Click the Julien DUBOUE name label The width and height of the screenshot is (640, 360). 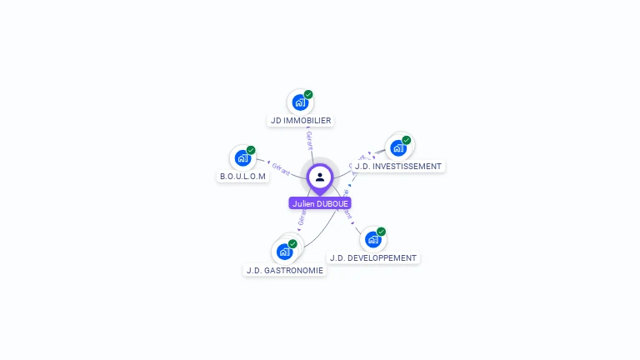(320, 203)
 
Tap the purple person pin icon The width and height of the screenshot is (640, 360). (320, 177)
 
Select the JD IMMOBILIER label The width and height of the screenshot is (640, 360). (301, 121)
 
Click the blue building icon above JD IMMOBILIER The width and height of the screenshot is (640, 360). (300, 102)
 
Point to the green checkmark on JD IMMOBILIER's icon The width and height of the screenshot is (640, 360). (308, 94)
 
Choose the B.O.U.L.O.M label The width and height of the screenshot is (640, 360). (242, 177)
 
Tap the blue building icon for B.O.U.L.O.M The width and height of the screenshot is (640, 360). (242, 157)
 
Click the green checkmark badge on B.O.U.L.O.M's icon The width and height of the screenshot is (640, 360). (251, 150)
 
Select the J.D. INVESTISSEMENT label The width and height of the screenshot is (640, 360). (398, 167)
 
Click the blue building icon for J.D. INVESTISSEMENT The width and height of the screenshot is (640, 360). (398, 148)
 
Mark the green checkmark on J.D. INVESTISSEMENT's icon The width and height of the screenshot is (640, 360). (407, 140)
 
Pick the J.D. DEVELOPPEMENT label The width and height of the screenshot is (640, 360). (373, 258)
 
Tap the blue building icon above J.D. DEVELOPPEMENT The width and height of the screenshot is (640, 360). (372, 240)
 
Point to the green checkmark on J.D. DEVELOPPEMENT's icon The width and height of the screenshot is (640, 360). (381, 232)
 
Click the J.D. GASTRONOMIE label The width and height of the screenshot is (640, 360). (284, 271)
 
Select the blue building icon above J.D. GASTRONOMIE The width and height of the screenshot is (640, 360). (284, 252)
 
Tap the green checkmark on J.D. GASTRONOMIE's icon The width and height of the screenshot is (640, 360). (292, 243)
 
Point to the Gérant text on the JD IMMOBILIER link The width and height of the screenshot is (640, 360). (309, 140)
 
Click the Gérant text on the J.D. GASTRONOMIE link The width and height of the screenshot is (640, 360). (301, 216)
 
